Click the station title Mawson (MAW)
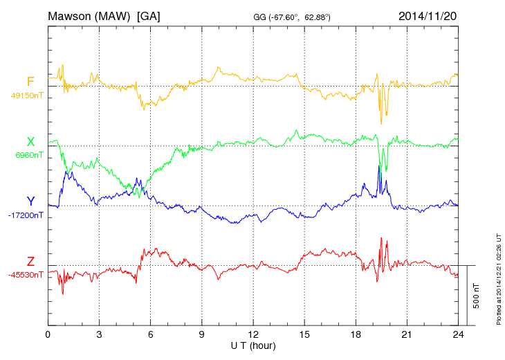[90, 15]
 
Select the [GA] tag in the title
[149, 15]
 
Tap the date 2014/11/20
[427, 15]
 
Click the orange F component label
[30, 82]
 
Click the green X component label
[30, 142]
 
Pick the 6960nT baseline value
[28, 155]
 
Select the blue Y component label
[30, 201]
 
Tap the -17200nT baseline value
[26, 215]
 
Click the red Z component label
[30, 262]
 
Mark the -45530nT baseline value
[26, 275]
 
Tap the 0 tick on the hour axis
[48, 334]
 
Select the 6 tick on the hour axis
[150, 334]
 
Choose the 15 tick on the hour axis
[304, 334]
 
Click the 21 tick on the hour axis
[407, 334]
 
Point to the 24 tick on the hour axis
[458, 334]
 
